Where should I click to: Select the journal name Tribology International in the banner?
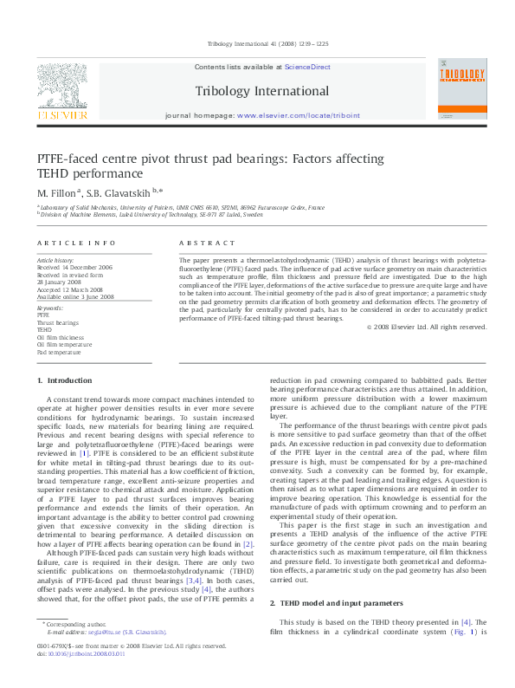click(262, 91)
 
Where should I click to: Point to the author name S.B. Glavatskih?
click(122, 191)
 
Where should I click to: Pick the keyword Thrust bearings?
click(56, 322)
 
